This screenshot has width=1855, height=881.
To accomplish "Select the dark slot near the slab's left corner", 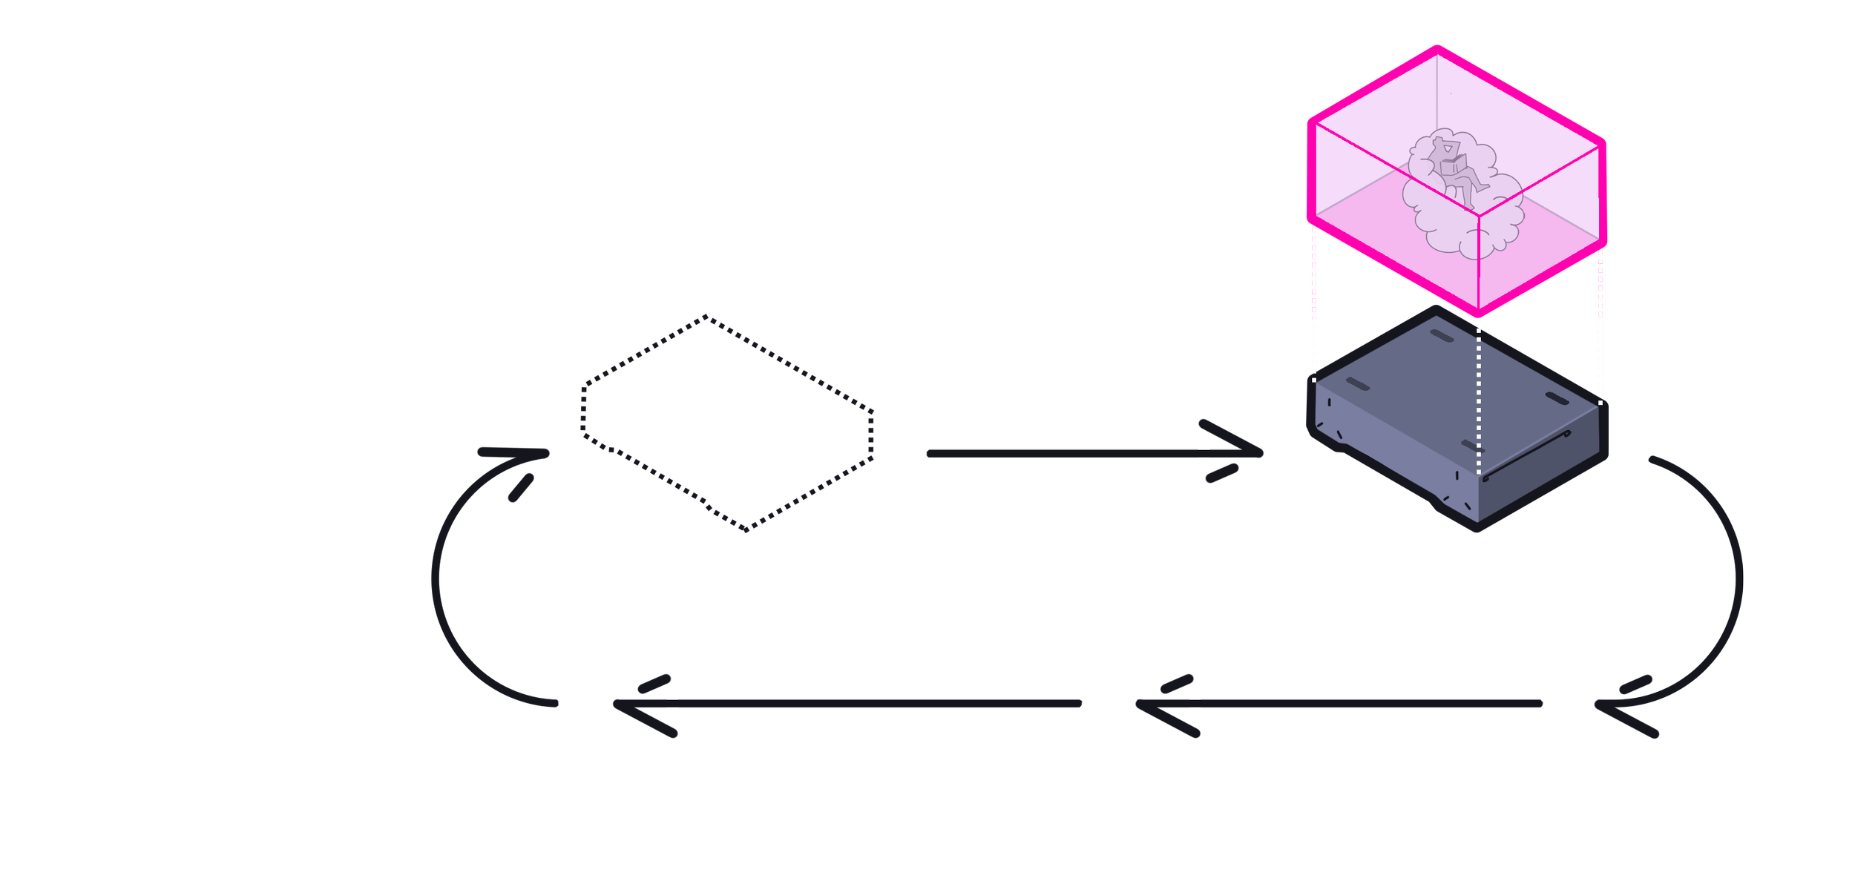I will pyautogui.click(x=1357, y=384).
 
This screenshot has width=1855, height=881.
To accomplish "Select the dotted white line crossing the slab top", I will pyautogui.click(x=1479, y=386).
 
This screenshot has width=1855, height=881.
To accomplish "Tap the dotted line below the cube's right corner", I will pyautogui.click(x=1600, y=282).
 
